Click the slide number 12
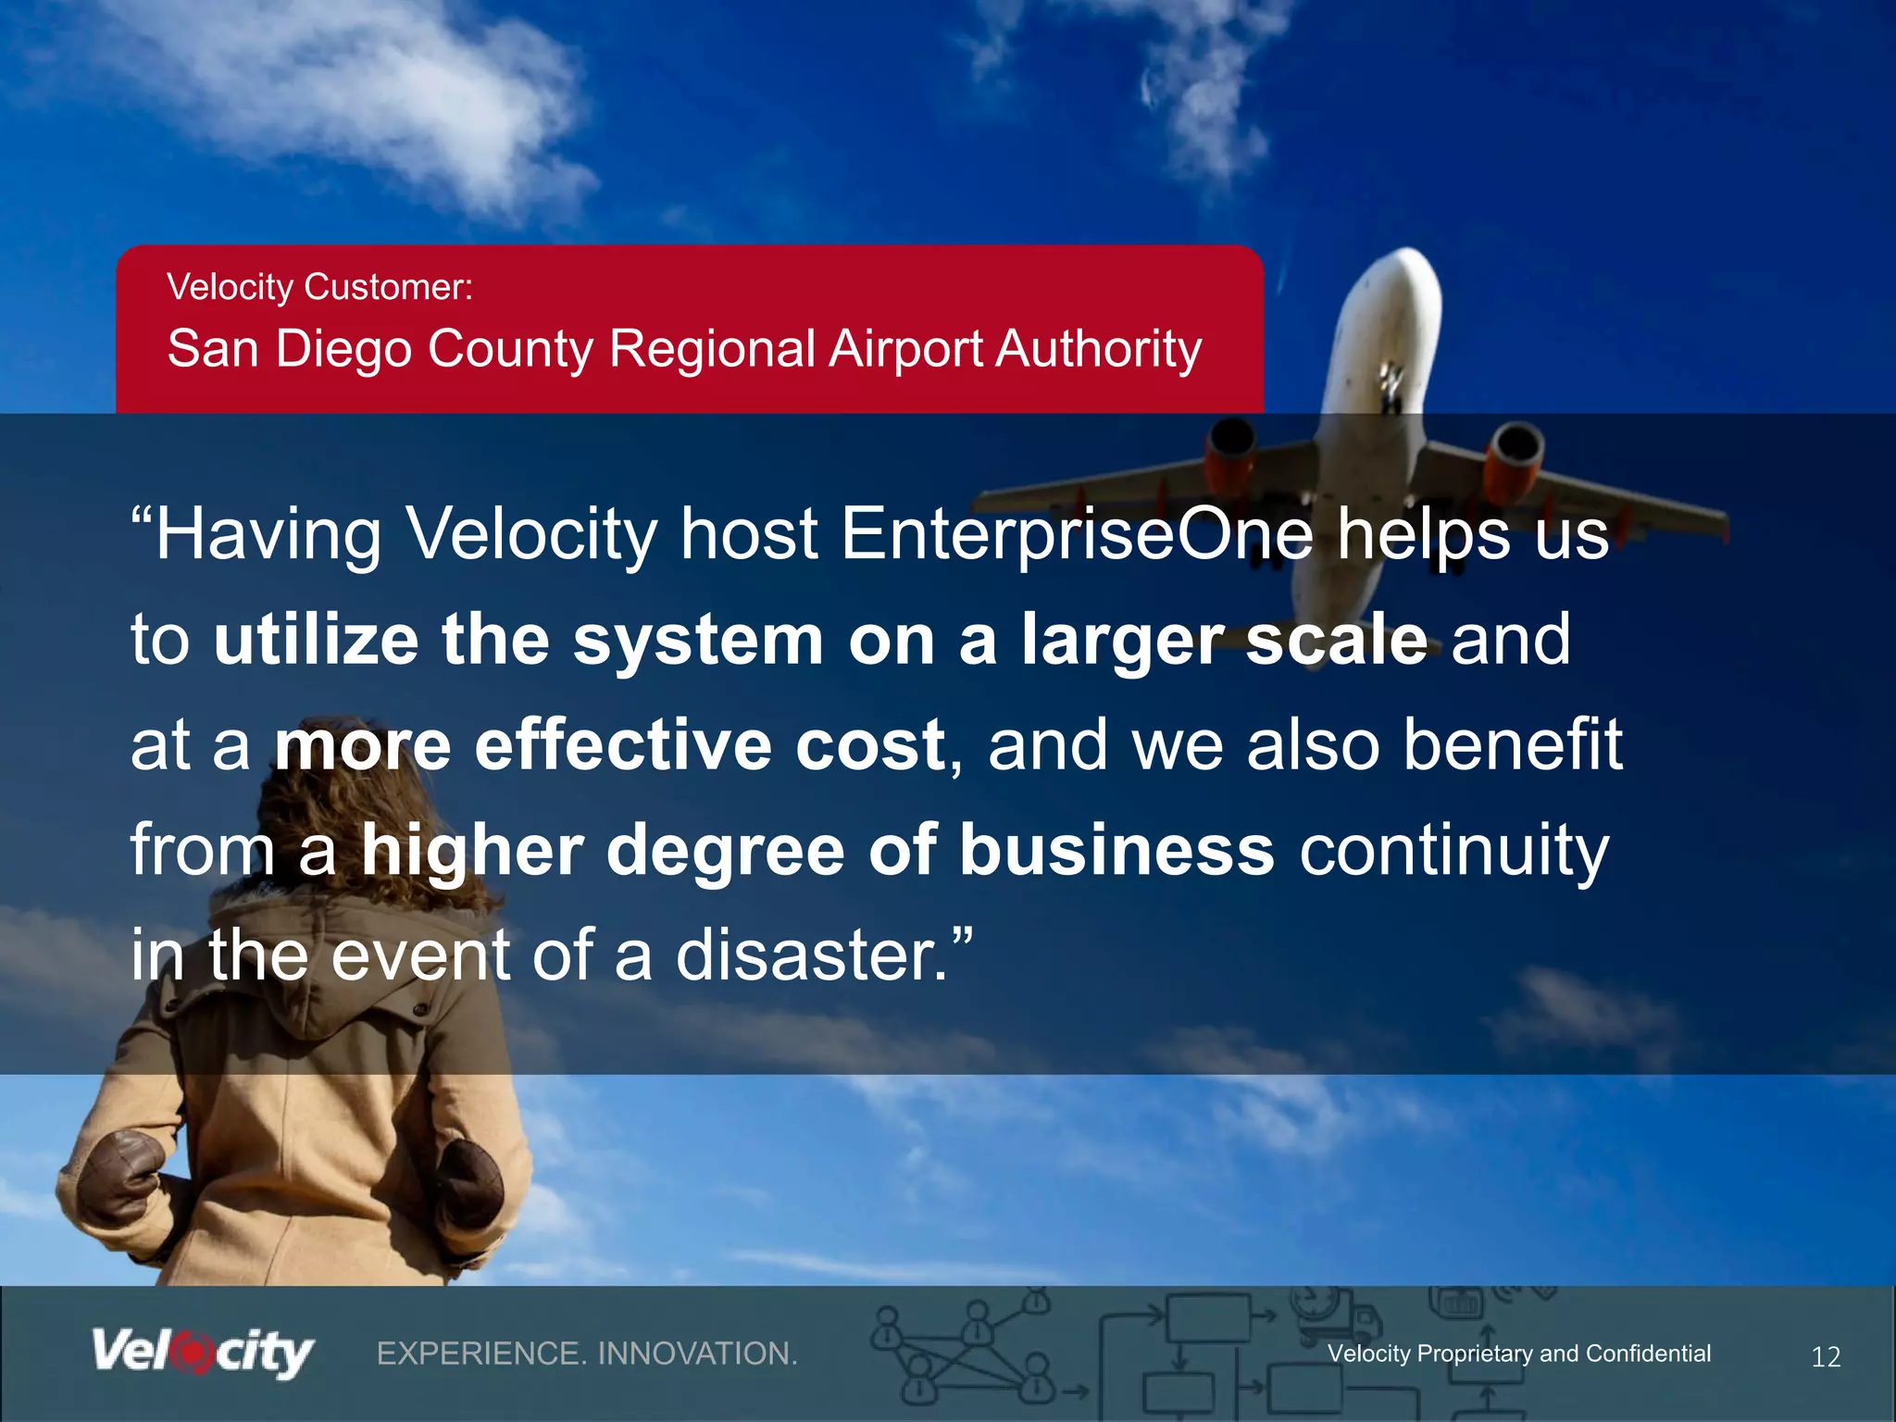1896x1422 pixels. (x=1825, y=1357)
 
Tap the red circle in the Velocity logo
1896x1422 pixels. (x=193, y=1353)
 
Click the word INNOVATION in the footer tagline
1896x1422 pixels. (x=697, y=1353)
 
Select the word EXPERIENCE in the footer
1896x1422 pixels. (x=480, y=1353)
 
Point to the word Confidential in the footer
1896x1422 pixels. (x=1648, y=1353)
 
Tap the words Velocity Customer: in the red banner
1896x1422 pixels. (x=319, y=287)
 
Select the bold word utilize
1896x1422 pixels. (x=316, y=640)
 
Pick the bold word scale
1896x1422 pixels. (x=1336, y=640)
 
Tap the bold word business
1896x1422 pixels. (x=1116, y=850)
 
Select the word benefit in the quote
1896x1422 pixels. (x=1512, y=745)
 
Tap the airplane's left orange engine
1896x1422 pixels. (x=1229, y=458)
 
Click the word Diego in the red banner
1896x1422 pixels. (x=343, y=349)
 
